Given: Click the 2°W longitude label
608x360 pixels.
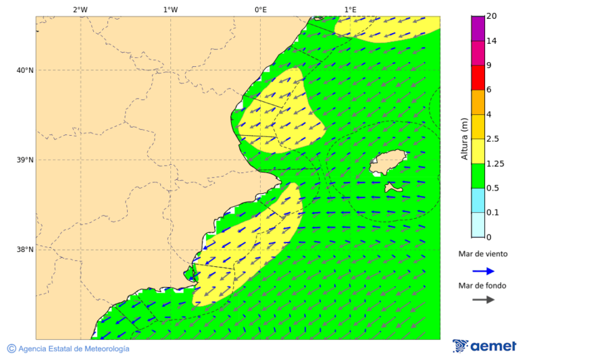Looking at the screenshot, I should (x=80, y=9).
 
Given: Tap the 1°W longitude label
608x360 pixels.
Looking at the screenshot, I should (x=170, y=9).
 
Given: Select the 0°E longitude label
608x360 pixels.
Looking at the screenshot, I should (x=260, y=9).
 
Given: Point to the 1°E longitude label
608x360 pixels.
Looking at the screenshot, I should (x=351, y=9).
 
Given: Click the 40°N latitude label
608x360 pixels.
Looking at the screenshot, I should (x=25, y=70).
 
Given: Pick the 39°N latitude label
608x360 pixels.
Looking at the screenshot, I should (x=25, y=160).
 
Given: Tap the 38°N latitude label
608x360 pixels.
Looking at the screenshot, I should (x=25, y=250).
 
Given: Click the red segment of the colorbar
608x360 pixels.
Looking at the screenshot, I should (x=478, y=78).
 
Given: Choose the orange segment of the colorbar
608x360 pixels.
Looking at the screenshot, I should (x=478, y=102).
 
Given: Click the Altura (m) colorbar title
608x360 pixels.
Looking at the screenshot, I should (x=464, y=138).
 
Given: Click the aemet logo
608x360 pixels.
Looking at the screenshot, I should (x=484, y=346).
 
